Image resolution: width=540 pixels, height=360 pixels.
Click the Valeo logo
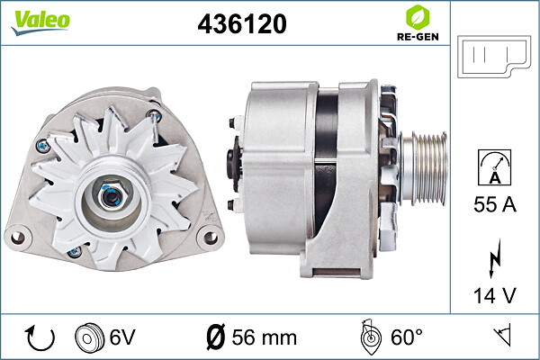[x=40, y=22]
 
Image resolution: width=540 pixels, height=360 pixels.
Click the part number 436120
[x=242, y=23]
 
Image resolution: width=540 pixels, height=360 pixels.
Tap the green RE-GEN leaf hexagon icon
[x=418, y=17]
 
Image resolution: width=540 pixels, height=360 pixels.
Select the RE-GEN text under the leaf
[x=418, y=37]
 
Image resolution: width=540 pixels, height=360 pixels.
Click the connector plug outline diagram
[x=494, y=56]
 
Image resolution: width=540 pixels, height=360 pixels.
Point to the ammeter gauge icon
[x=494, y=167]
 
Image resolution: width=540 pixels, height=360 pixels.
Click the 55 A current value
[x=495, y=204]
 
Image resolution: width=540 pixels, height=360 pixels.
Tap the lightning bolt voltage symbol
[x=494, y=258]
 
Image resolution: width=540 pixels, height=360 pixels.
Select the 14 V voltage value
[x=495, y=295]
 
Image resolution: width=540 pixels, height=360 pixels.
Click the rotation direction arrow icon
[x=40, y=337]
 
